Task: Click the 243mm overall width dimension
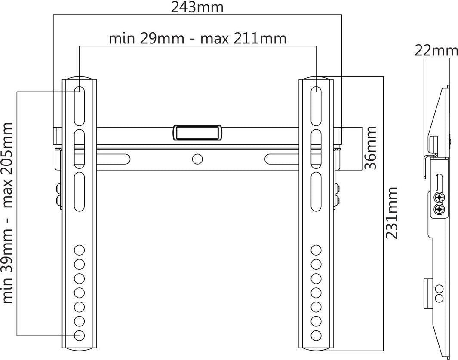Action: coord(197,7)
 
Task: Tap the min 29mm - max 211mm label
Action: coord(197,39)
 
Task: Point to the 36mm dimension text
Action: coord(371,148)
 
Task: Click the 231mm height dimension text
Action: coord(392,213)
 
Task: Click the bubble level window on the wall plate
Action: coord(198,133)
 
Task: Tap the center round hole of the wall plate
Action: coord(197,159)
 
